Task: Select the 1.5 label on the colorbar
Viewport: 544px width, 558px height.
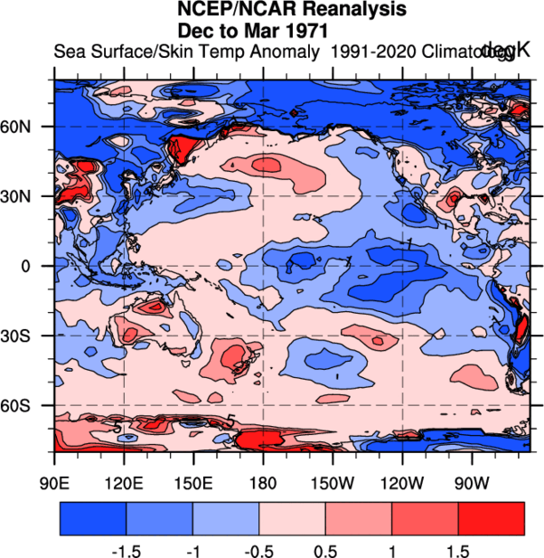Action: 458,551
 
